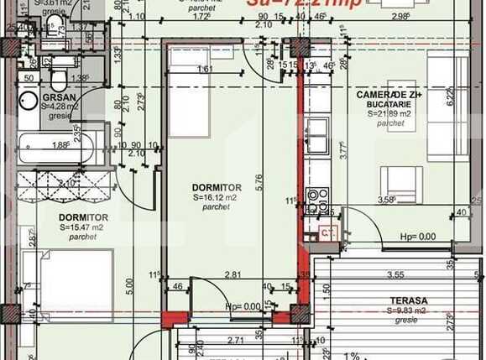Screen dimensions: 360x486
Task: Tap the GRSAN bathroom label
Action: (x=60, y=97)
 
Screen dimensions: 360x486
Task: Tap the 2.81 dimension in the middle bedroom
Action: (x=233, y=274)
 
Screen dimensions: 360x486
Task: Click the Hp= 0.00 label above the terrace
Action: (x=417, y=237)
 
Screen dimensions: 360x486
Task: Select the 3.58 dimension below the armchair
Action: (x=386, y=200)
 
